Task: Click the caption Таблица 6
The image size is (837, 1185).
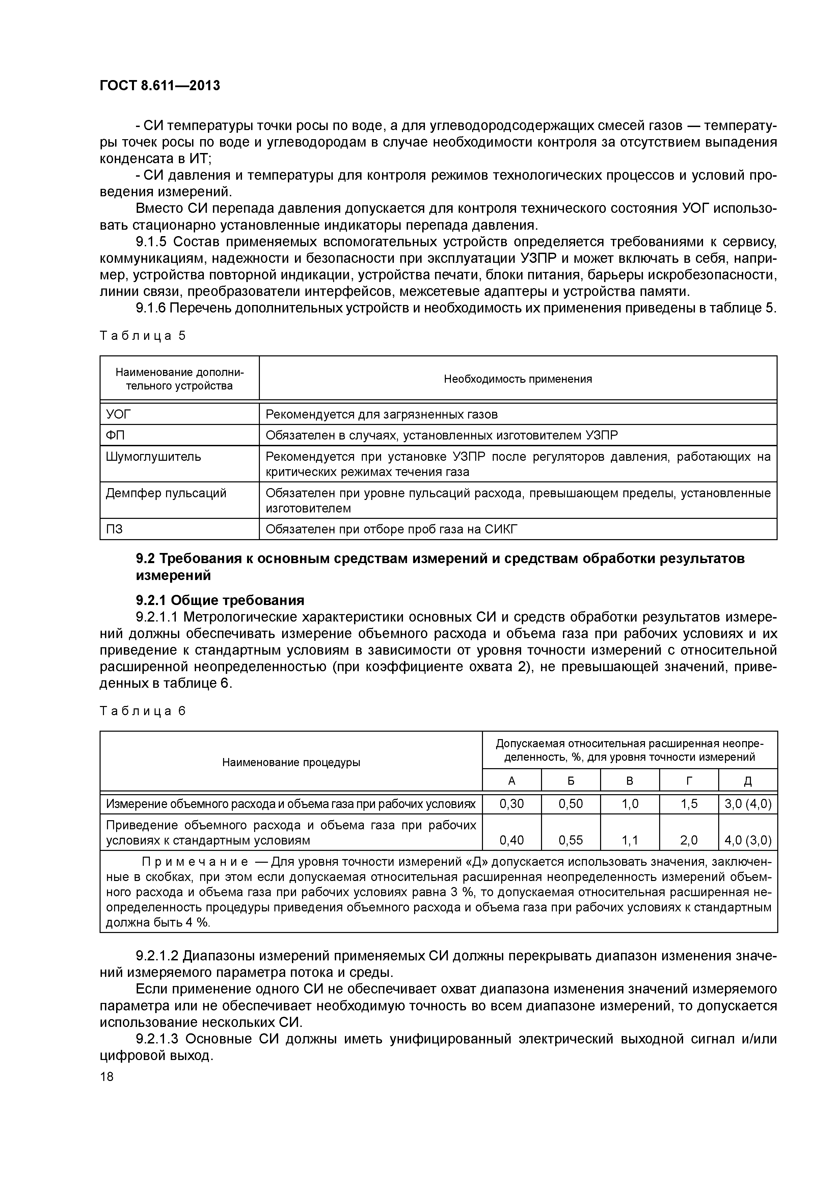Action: pos(142,711)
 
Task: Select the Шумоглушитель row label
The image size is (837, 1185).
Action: pos(153,456)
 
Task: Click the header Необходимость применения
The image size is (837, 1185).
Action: pos(518,379)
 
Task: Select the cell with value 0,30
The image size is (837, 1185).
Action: pos(512,804)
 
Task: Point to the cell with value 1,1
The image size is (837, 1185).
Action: pos(630,840)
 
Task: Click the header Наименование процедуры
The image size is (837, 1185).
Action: pos(291,762)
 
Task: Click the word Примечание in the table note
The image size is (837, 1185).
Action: pos(195,862)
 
